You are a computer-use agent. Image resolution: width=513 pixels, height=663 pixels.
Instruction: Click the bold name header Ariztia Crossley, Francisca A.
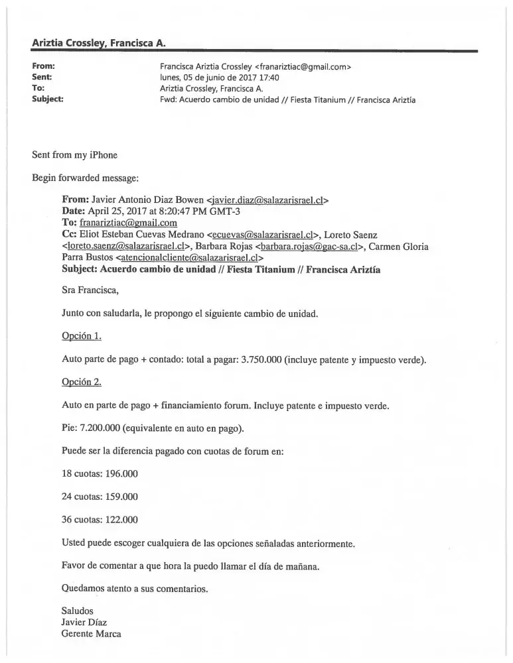(x=99, y=43)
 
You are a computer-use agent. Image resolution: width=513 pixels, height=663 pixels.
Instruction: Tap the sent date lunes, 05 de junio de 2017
(x=215, y=77)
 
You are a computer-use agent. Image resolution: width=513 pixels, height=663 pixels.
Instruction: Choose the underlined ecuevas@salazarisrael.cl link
(x=261, y=235)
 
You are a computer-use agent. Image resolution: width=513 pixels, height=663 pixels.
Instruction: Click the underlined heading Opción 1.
(x=81, y=337)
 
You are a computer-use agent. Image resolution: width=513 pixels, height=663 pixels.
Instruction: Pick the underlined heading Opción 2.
(x=81, y=383)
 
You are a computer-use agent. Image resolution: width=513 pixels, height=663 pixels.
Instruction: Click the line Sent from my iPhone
(x=74, y=155)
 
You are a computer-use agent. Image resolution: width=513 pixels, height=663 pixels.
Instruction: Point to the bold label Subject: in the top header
(x=48, y=99)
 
